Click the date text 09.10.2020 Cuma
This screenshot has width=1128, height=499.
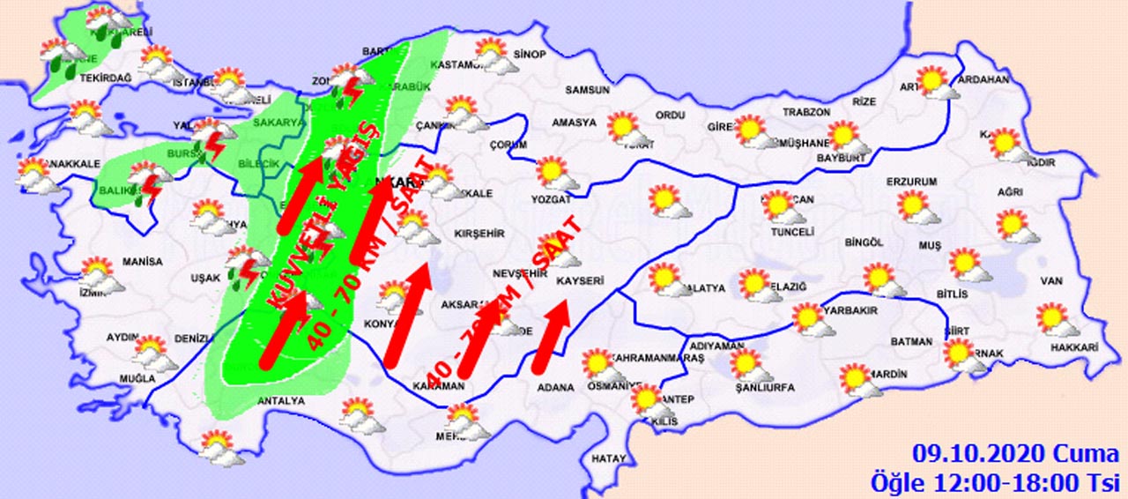point(1015,454)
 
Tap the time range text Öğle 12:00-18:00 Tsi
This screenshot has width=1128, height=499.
point(993,481)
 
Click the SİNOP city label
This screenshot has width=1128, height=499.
point(531,55)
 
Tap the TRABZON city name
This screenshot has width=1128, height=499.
point(807,112)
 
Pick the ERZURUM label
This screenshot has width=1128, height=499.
point(912,182)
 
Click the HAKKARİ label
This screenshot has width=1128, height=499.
point(1074,348)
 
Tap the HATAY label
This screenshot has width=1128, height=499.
point(609,458)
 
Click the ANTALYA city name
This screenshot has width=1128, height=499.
point(280,401)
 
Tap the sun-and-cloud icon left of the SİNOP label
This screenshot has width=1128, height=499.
point(491,55)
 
